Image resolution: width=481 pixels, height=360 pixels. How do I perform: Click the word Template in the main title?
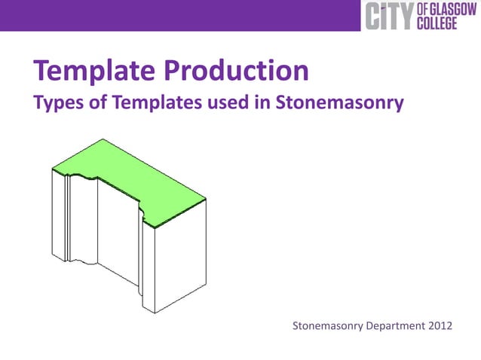(93, 72)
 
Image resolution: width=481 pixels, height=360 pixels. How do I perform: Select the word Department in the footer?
(394, 326)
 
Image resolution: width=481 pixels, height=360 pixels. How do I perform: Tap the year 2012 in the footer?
(439, 326)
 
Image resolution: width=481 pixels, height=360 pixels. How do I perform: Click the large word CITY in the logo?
(389, 17)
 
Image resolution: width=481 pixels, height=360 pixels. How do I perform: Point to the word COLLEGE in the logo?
(441, 23)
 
